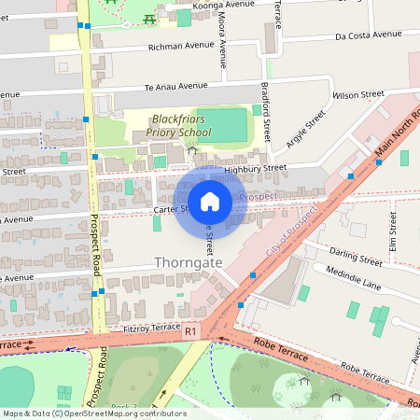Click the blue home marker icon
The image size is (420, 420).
point(210,201)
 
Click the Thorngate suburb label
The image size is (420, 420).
point(189,264)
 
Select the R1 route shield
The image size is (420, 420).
point(190,331)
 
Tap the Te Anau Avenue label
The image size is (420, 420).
point(175,87)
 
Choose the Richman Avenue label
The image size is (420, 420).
point(181,45)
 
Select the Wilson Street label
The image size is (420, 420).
point(358,95)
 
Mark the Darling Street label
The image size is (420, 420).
point(357,256)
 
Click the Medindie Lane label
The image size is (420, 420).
point(354,278)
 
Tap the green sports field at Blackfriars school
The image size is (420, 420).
point(222,122)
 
